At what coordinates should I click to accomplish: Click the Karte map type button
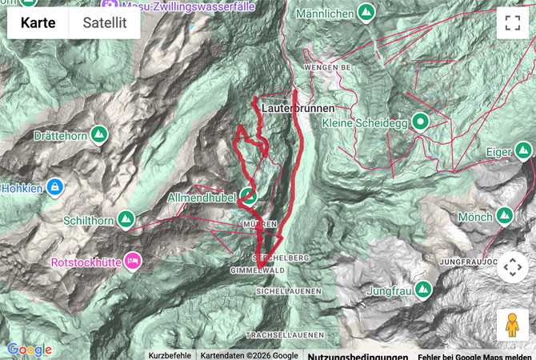[38, 23]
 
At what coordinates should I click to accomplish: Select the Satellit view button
[105, 23]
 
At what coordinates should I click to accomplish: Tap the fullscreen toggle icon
[512, 23]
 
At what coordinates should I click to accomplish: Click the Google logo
[30, 350]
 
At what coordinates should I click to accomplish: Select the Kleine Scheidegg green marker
[418, 122]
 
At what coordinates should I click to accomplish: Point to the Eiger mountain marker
[523, 150]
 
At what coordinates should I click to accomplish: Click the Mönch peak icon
[505, 215]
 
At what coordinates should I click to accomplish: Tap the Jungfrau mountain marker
[422, 290]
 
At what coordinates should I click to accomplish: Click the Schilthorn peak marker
[126, 218]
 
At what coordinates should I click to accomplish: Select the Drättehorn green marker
[99, 135]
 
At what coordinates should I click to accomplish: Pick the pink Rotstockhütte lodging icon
[133, 261]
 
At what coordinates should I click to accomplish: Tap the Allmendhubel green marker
[249, 195]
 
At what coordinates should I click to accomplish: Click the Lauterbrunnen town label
[297, 106]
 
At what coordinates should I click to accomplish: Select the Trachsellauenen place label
[285, 334]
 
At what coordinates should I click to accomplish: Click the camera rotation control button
[512, 268]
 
